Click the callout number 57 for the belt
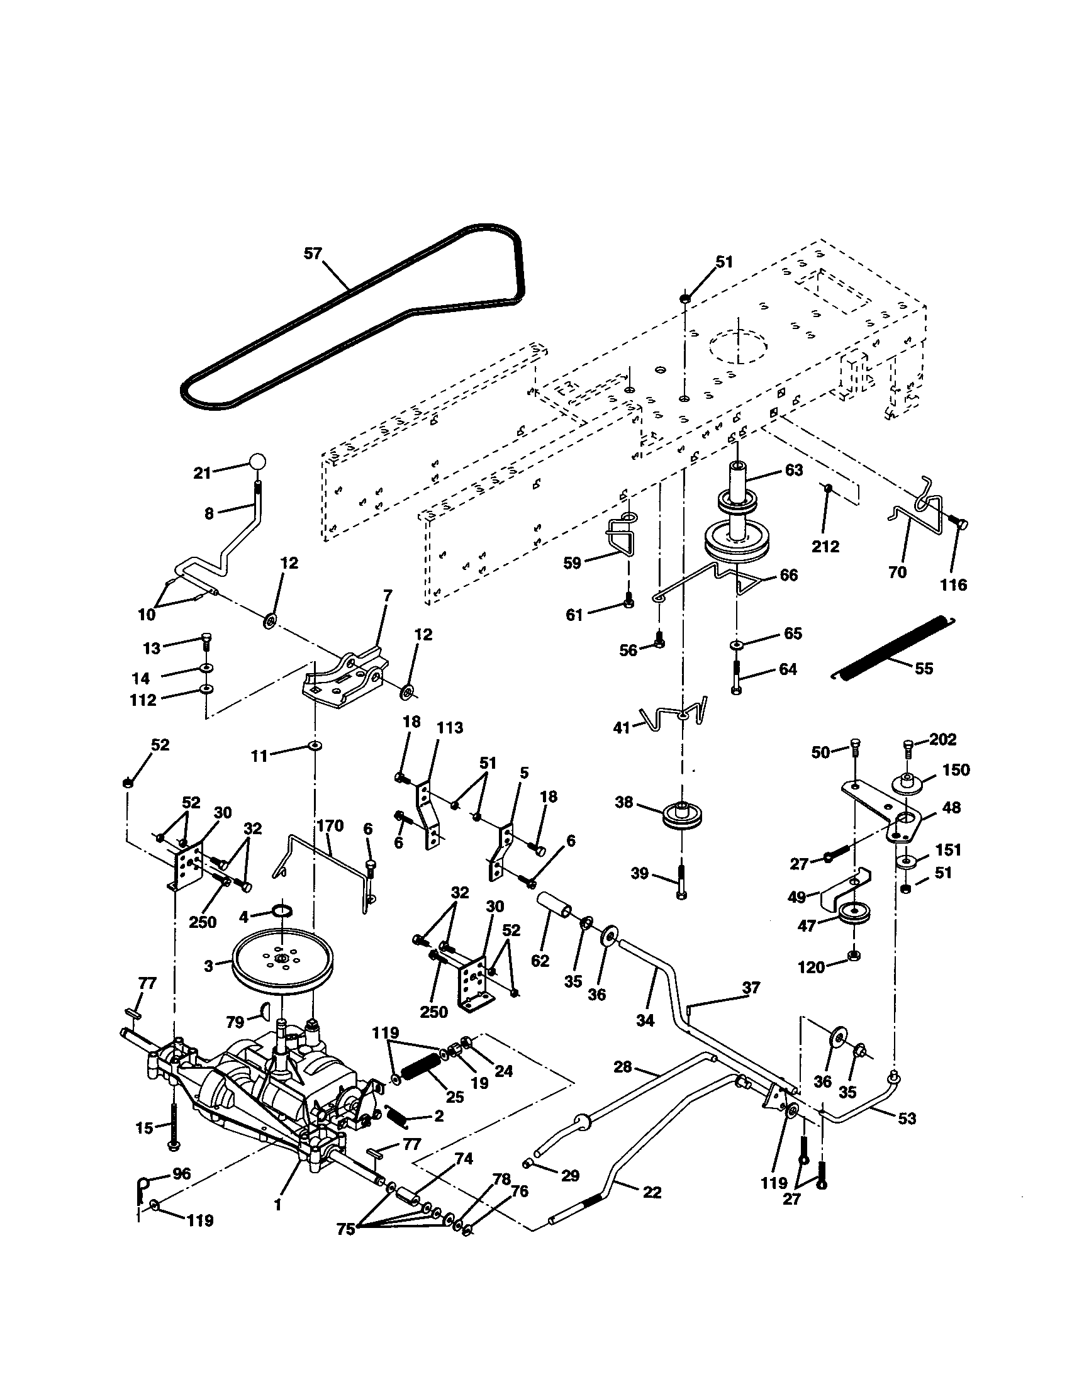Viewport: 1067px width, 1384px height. coord(313,254)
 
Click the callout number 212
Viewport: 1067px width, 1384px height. coord(825,546)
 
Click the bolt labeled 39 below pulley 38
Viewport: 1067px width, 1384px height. coord(681,881)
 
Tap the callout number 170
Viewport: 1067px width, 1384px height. coord(330,826)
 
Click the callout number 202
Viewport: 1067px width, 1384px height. coord(943,739)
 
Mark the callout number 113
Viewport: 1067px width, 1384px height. coord(450,727)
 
